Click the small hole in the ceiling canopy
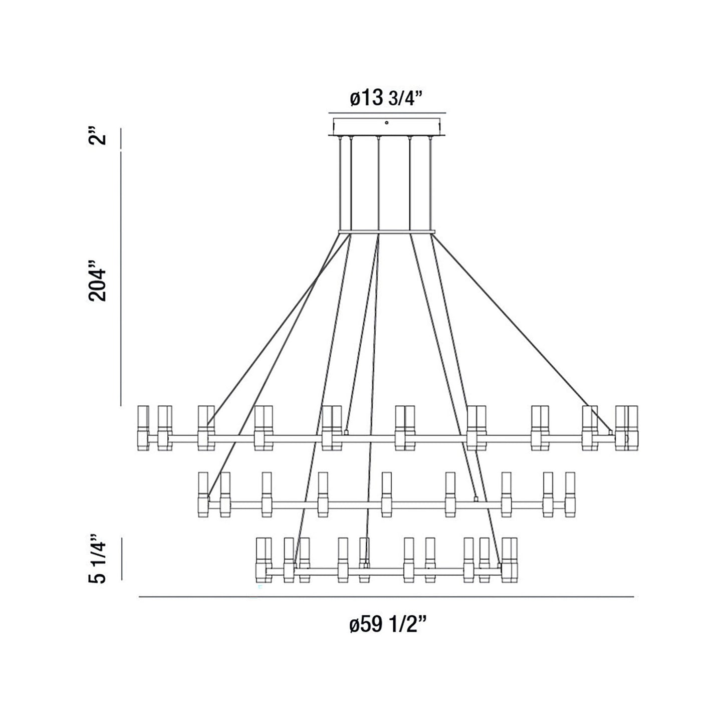[386, 122]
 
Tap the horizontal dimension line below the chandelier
[386, 597]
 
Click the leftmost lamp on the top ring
[143, 427]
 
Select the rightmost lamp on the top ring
[632, 427]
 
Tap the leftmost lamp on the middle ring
[203, 494]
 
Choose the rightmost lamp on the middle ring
[570, 494]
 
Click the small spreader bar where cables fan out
[386, 232]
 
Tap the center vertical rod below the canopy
[379, 183]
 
